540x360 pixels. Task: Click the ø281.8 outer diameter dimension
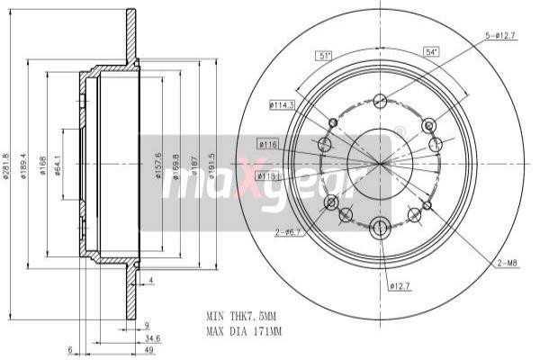tap(6, 163)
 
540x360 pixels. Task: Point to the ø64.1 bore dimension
tap(58, 163)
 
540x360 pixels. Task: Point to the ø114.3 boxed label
tap(282, 105)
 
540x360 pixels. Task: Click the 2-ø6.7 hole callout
tap(289, 233)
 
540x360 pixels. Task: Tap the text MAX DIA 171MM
tap(244, 331)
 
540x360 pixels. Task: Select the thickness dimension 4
tap(152, 281)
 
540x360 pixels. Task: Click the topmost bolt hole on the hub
tap(380, 101)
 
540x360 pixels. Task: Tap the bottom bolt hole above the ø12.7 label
tap(380, 227)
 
